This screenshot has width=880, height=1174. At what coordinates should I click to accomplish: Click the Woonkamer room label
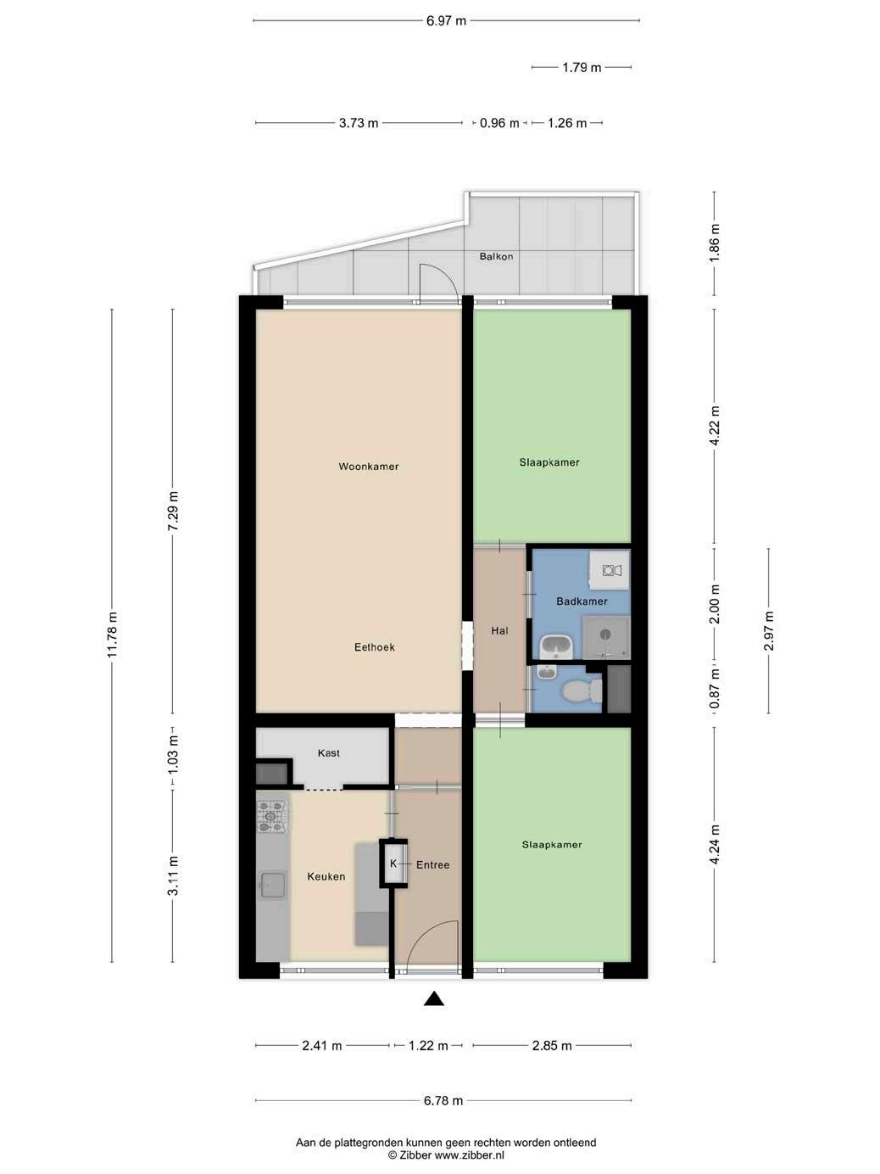pyautogui.click(x=369, y=467)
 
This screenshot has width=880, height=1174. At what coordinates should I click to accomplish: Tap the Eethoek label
pyautogui.click(x=375, y=647)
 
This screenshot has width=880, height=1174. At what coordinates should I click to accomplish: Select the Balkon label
pyautogui.click(x=496, y=257)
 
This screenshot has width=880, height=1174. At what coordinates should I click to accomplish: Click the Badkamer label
pyautogui.click(x=582, y=601)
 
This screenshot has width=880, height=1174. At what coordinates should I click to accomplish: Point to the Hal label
pyautogui.click(x=499, y=631)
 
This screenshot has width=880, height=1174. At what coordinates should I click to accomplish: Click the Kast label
pyautogui.click(x=329, y=753)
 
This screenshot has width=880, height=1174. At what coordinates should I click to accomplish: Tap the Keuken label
pyautogui.click(x=326, y=876)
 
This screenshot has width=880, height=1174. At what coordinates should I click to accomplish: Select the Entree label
pyautogui.click(x=432, y=865)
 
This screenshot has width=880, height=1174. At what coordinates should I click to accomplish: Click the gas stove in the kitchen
pyautogui.click(x=272, y=816)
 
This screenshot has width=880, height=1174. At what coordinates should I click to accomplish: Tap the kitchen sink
pyautogui.click(x=272, y=885)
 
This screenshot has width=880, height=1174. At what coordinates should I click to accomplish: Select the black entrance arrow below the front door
pyautogui.click(x=434, y=999)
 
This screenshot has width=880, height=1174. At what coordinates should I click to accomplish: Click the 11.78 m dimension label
pyautogui.click(x=112, y=636)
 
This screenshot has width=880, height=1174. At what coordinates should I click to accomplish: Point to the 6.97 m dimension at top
pyautogui.click(x=446, y=21)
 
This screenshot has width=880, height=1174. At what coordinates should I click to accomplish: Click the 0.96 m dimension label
pyautogui.click(x=499, y=123)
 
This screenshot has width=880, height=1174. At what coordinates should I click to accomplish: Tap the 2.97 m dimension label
pyautogui.click(x=769, y=630)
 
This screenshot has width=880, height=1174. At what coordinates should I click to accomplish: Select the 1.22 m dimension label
pyautogui.click(x=428, y=1046)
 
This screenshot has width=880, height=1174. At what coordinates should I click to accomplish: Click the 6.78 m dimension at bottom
pyautogui.click(x=443, y=1101)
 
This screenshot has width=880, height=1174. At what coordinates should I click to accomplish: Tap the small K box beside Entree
pyautogui.click(x=393, y=864)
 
